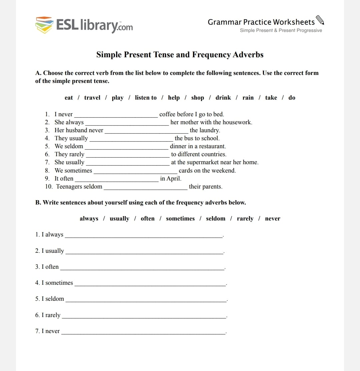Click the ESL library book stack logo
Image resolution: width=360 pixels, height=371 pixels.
[44, 25]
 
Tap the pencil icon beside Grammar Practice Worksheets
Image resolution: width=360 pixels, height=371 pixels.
[320, 21]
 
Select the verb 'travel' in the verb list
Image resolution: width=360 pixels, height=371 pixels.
[92, 98]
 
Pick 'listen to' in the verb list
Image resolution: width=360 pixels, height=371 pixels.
[146, 98]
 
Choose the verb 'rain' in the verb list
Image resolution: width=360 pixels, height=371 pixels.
[248, 98]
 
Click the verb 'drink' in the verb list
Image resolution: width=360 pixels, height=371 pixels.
[223, 98]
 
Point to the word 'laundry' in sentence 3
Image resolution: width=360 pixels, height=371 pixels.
[210, 130]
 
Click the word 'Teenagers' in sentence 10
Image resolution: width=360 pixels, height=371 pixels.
[69, 186]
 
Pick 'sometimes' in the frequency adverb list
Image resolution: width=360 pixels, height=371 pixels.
[180, 218]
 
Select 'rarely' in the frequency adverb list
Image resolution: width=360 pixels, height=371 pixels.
[245, 218]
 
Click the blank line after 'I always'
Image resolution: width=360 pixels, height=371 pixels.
[143, 237]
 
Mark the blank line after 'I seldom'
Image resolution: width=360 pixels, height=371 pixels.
[146, 301]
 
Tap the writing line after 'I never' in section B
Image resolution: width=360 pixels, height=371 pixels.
[143, 333]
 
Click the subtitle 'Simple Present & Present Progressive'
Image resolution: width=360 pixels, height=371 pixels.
[281, 30]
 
